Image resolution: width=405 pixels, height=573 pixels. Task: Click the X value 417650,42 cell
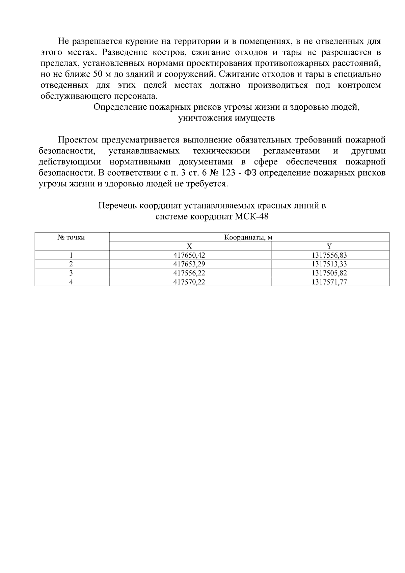tap(189, 255)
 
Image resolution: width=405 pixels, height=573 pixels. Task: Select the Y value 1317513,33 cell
tap(329, 264)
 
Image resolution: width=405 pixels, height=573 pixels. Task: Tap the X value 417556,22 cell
tap(189, 273)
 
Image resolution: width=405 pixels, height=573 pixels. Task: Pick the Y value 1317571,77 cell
tap(329, 282)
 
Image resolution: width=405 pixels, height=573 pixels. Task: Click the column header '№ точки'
tap(71, 237)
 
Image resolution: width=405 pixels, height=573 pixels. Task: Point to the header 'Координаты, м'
tap(248, 237)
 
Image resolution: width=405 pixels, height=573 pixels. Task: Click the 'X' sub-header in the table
tap(190, 246)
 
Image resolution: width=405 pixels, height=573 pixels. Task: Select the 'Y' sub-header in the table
tap(329, 246)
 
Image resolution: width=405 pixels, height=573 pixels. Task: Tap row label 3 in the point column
tap(71, 273)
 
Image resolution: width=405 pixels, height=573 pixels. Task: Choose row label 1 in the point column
tap(71, 255)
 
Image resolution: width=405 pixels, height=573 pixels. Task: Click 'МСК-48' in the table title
tap(251, 216)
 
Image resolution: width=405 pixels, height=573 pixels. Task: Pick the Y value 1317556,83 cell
tap(329, 255)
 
